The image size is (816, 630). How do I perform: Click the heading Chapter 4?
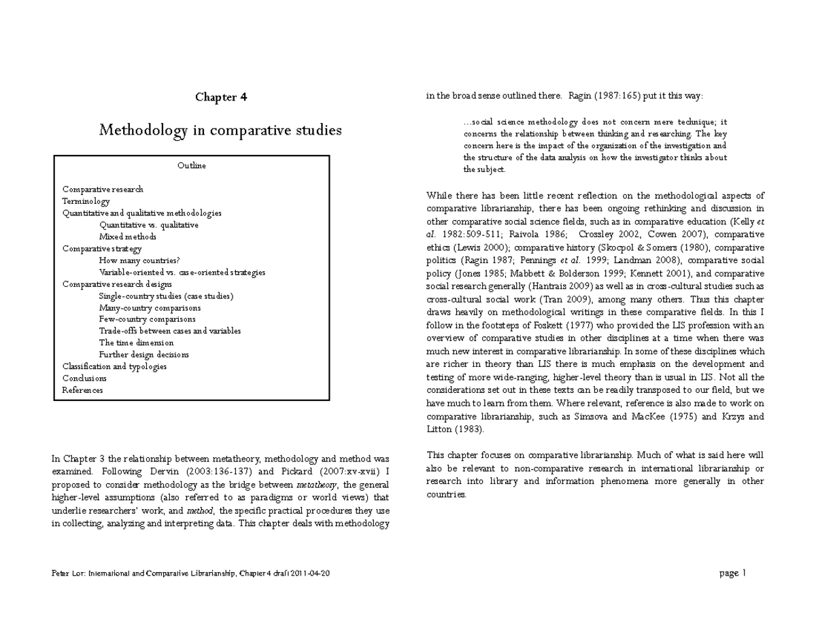pos(221,97)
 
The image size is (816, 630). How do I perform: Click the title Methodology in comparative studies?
pos(220,130)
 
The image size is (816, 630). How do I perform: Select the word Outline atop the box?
pos(192,166)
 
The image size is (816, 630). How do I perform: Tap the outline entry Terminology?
pos(86,201)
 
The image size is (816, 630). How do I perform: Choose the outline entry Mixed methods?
pos(128,237)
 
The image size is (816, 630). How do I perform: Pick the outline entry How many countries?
pos(139,260)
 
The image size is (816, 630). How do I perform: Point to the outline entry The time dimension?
pos(136,343)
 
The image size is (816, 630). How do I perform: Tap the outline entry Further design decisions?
pos(143,355)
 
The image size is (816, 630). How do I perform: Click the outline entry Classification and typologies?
pos(114,366)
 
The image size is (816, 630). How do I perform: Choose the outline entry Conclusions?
pos(84,378)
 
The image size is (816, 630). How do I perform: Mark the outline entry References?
pos(82,390)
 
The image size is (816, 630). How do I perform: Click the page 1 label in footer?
pos(732,573)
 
